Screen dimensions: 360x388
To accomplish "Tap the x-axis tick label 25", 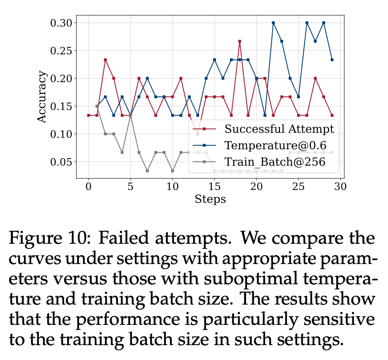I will tap(298, 187).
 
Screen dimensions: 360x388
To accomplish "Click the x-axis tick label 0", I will tap(89, 187).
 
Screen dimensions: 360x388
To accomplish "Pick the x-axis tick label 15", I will tap(214, 187).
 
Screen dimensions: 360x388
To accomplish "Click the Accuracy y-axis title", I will tap(42, 97).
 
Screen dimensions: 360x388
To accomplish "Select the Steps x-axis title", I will tap(210, 199).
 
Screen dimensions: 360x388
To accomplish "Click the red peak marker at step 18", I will tap(240, 41).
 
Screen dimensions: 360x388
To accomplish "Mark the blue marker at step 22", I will tap(273, 23).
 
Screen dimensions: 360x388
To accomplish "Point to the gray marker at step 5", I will tap(130, 115).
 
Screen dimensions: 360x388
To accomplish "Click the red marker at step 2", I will tap(105, 60).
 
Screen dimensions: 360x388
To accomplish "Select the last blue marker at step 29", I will tap(332, 60).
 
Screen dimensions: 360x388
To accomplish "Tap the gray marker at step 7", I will tap(147, 171).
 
